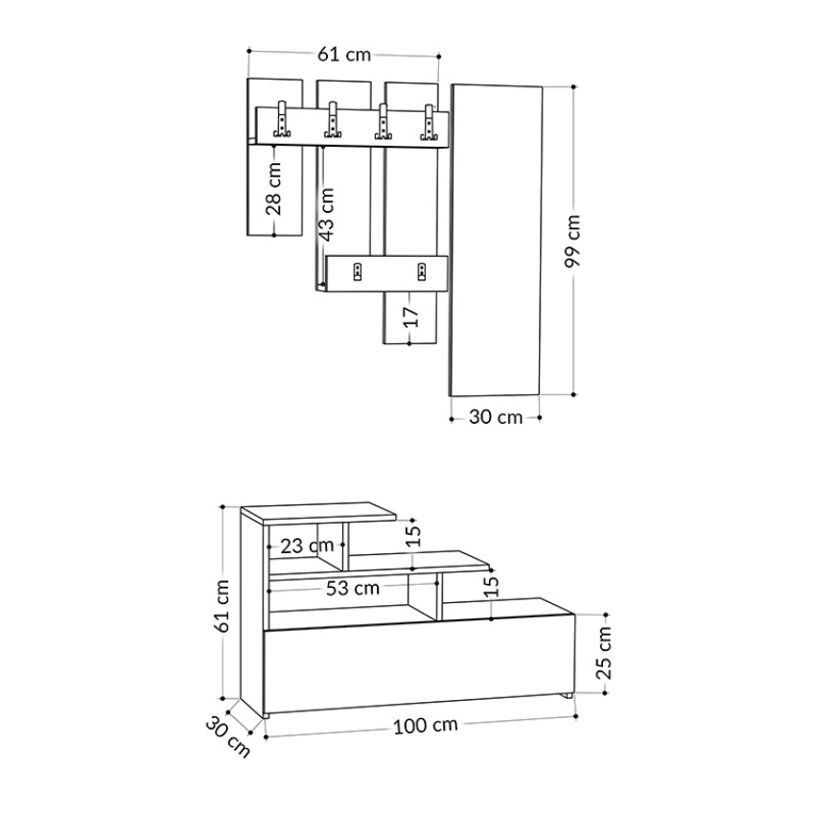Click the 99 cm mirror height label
[x=574, y=242]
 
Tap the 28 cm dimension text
[x=275, y=188]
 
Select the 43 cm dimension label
[x=327, y=214]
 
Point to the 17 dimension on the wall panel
[x=410, y=316]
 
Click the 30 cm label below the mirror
[x=496, y=417]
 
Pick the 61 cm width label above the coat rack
[x=343, y=55]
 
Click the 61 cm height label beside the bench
[x=222, y=606]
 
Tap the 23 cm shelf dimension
[x=306, y=546]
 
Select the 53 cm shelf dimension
[x=352, y=588]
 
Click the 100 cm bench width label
[x=425, y=726]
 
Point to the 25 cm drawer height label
[x=604, y=652]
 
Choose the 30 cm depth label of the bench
[x=227, y=735]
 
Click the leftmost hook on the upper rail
[x=282, y=121]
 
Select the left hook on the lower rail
[x=358, y=271]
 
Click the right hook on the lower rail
[x=422, y=271]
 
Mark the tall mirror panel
[x=497, y=240]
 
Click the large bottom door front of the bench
[x=419, y=669]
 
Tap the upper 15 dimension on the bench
[x=412, y=535]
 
